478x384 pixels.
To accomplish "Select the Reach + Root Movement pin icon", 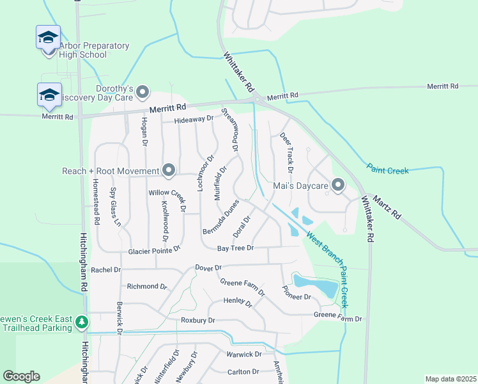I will click(x=169, y=171).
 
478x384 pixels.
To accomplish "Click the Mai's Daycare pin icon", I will click(x=338, y=186).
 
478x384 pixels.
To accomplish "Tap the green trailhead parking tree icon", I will click(x=81, y=322).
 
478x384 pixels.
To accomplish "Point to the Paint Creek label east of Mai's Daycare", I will click(x=387, y=170).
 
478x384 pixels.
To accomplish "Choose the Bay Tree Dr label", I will click(x=236, y=248).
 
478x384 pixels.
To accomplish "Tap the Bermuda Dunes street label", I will click(x=221, y=216).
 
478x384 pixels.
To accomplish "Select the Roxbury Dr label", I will click(x=198, y=319).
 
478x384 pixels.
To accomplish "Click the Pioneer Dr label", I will click(x=296, y=292).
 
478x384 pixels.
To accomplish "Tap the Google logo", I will click(x=21, y=376).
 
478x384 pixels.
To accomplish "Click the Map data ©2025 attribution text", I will click(x=450, y=379).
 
